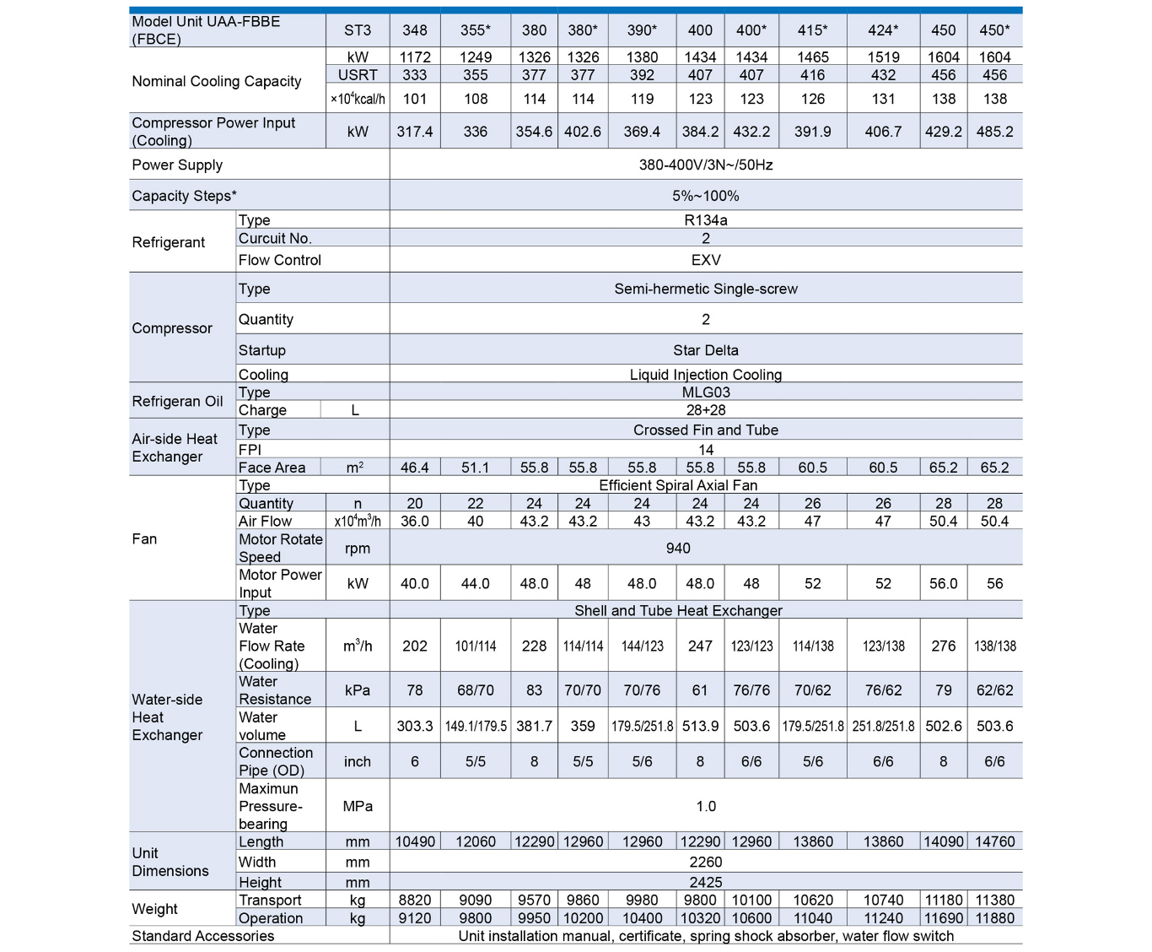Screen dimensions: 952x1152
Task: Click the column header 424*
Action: coord(883,30)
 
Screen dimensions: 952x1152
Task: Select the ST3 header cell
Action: coord(358,30)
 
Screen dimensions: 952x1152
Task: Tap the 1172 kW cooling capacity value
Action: coord(415,57)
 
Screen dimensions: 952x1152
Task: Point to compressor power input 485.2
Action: coord(994,132)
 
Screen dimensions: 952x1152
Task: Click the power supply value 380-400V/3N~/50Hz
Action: coord(706,165)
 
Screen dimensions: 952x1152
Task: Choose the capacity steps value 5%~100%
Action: coord(706,196)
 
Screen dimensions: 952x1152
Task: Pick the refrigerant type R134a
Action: coord(706,220)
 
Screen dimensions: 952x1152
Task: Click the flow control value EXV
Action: coord(706,260)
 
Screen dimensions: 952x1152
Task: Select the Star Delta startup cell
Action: coord(706,350)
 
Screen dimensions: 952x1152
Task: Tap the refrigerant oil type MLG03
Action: coord(706,392)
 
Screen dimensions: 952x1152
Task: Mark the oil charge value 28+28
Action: coord(706,410)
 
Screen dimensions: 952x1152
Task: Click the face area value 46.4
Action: coord(415,468)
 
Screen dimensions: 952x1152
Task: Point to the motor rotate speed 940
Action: coord(678,549)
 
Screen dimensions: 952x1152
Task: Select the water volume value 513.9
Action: coord(700,726)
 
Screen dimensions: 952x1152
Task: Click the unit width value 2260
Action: coord(706,862)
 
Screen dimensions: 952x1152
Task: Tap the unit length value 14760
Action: coord(994,841)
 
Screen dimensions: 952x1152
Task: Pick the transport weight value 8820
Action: coord(415,901)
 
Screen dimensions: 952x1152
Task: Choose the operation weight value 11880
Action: coord(994,918)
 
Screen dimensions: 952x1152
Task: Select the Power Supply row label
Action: coord(177,165)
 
